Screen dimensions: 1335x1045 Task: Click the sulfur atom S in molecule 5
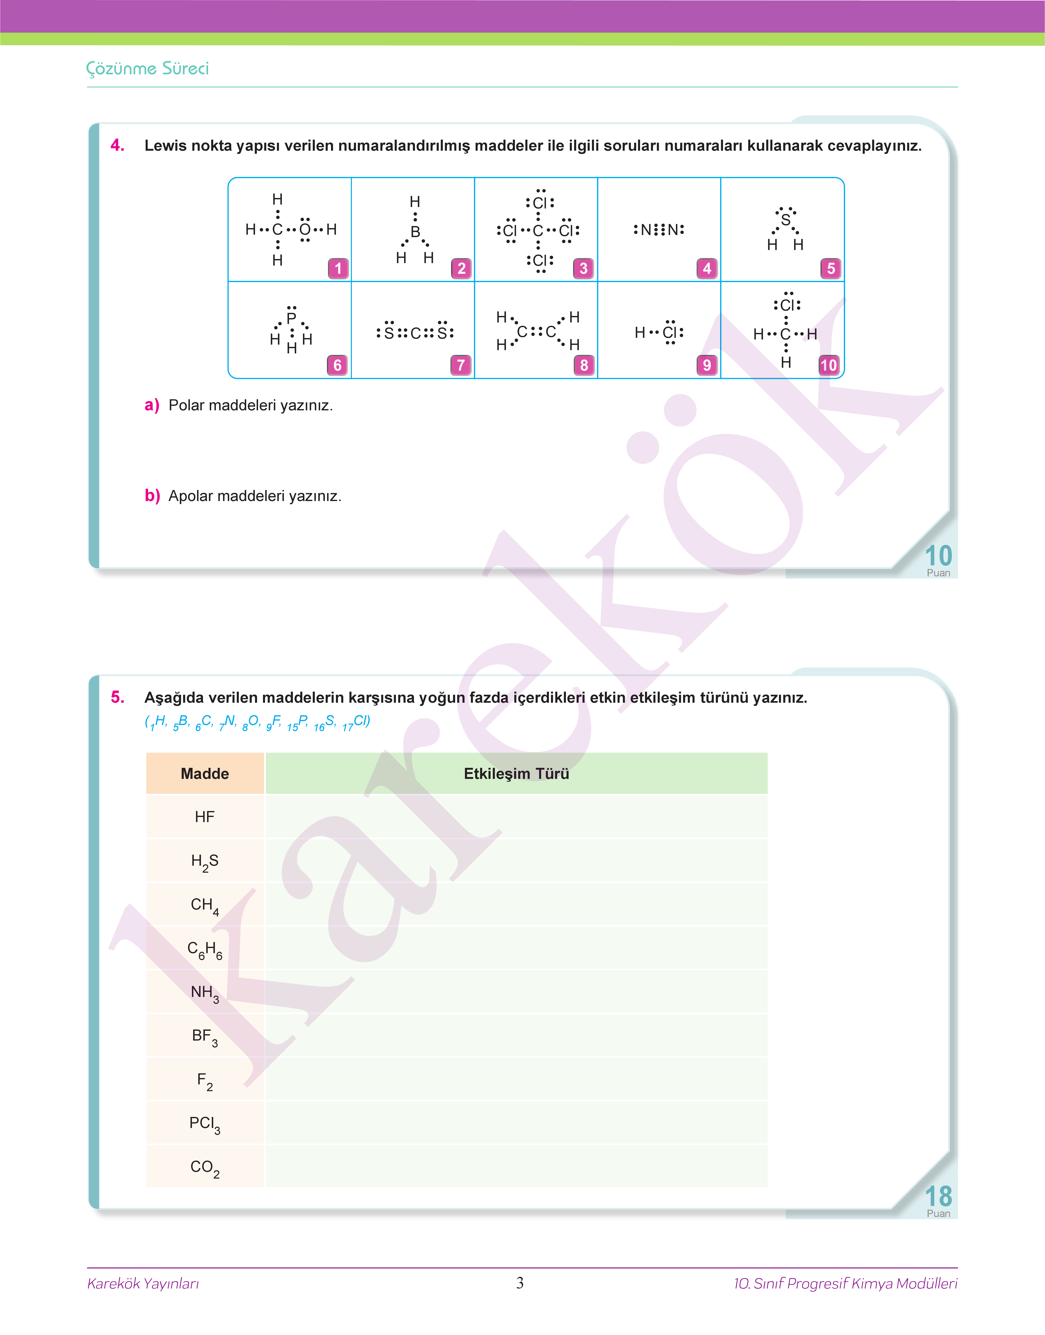[x=785, y=219]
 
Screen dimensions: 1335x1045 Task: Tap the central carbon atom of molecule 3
[x=538, y=231]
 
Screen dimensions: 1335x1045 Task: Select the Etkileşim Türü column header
[x=516, y=774]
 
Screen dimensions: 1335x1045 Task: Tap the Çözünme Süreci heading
[x=147, y=69]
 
